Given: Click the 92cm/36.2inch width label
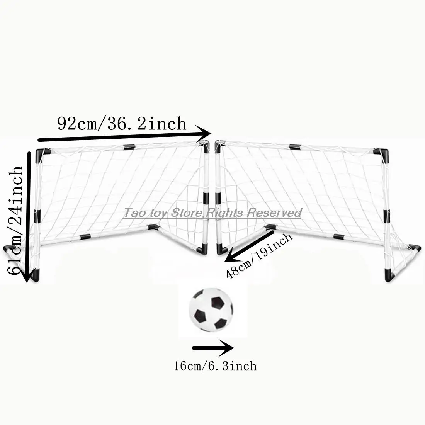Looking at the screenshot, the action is click(122, 124).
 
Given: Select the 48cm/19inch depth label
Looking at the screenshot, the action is click(259, 255).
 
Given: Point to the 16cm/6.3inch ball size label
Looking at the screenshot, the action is click(215, 366).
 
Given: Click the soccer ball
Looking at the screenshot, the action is click(211, 310).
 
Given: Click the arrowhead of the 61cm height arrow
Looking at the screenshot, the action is click(27, 275).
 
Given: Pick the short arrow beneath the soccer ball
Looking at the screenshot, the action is click(213, 348).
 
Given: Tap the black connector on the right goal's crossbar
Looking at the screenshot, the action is click(295, 147).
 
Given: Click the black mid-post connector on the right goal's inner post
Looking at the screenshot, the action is click(218, 198).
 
